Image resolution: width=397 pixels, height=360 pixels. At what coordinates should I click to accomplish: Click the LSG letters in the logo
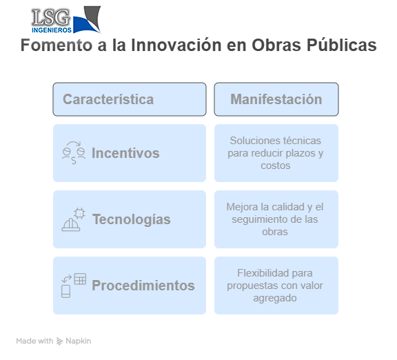pos(50,17)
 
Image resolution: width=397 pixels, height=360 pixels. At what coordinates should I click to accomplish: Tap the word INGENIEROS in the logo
pos(52,30)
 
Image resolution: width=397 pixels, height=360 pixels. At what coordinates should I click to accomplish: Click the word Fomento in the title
pos(57,45)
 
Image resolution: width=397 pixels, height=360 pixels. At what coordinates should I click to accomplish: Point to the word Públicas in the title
pos(342,45)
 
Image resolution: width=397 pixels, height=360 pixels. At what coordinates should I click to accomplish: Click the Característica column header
pos(108,99)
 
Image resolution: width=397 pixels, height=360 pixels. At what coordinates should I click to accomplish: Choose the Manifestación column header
pos(276,99)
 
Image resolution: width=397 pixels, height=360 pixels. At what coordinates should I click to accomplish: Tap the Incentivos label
pos(125,153)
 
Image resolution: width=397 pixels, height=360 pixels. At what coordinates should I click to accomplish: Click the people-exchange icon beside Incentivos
pos(74,153)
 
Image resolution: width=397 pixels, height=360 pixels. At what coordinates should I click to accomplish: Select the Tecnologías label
pos(132,219)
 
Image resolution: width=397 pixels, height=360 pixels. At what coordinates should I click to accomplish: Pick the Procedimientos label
pos(143,286)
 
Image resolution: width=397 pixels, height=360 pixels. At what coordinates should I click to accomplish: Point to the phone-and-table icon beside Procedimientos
pos(74,286)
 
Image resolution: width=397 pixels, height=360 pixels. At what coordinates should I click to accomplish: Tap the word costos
pos(276,166)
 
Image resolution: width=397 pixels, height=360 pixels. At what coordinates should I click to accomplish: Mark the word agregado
pos(275,298)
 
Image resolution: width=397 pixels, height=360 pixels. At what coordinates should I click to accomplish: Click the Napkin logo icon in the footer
pos(59,341)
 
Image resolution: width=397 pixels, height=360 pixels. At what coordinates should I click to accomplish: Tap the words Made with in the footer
pos(34,341)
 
